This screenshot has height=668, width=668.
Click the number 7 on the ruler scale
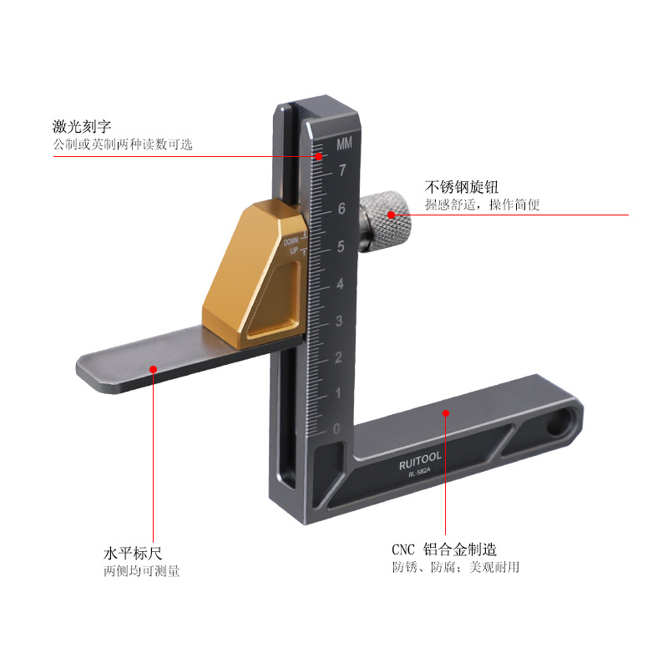pyautogui.click(x=342, y=170)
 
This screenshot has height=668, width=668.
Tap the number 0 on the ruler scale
pyautogui.click(x=337, y=428)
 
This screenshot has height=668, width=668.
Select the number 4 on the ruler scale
pyautogui.click(x=340, y=284)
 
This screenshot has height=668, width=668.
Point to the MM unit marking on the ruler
pyautogui.click(x=344, y=144)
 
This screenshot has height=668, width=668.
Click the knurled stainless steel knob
pyautogui.click(x=385, y=221)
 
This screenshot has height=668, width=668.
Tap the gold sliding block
pyautogui.click(x=255, y=273)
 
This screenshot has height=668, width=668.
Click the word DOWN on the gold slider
pyautogui.click(x=291, y=241)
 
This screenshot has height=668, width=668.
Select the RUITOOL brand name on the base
pyautogui.click(x=420, y=462)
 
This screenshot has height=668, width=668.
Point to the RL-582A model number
pyautogui.click(x=419, y=472)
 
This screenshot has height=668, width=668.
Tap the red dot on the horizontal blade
pyautogui.click(x=154, y=369)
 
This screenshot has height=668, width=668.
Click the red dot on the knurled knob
pyautogui.click(x=391, y=215)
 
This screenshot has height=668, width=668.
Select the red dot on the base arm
pyautogui.click(x=446, y=413)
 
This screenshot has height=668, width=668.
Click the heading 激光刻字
pyautogui.click(x=82, y=127)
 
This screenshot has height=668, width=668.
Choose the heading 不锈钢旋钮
pyautogui.click(x=462, y=187)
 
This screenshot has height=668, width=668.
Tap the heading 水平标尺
pyautogui.click(x=133, y=554)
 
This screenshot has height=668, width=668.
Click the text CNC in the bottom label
pyautogui.click(x=403, y=549)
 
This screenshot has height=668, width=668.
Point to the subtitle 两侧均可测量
pyautogui.click(x=141, y=571)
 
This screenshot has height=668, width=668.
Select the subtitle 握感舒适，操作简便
pyautogui.click(x=483, y=205)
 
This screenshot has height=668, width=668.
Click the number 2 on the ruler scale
pyautogui.click(x=338, y=357)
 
